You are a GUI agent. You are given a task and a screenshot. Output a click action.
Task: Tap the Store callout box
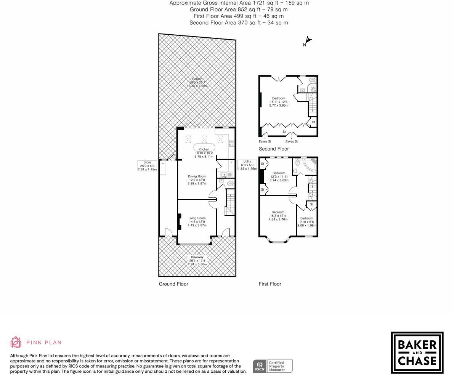pyautogui.click(x=147, y=166)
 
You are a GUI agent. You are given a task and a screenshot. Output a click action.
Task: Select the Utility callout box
pyautogui.click(x=247, y=165)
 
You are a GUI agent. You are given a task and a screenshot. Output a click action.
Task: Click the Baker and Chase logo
pyautogui.click(x=417, y=353)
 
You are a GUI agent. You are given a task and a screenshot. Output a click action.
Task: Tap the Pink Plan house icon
pyautogui.click(x=16, y=342)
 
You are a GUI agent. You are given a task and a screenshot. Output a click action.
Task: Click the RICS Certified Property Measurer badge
pyautogui.click(x=273, y=366)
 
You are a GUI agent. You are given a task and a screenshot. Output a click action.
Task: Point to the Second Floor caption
pyautogui.click(x=274, y=149)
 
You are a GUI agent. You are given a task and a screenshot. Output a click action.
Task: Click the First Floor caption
pyautogui.click(x=270, y=284)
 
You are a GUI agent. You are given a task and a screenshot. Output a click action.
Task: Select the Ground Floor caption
pyautogui.click(x=173, y=284)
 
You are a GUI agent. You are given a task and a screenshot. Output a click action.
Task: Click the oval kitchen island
pyautogui.click(x=204, y=147)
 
